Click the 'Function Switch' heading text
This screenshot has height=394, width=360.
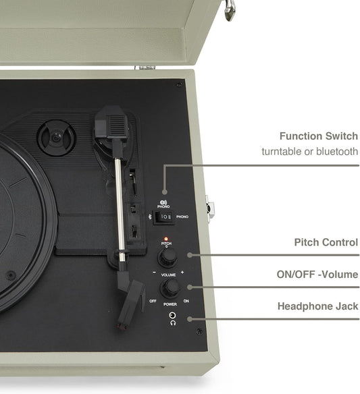pyautogui.click(x=318, y=136)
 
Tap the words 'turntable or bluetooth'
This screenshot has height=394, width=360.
pyautogui.click(x=309, y=152)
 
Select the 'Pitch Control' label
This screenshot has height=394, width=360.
pyautogui.click(x=326, y=242)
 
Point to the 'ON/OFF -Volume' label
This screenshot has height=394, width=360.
pyautogui.click(x=316, y=275)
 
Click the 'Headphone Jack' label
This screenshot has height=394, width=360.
pyautogui.click(x=317, y=306)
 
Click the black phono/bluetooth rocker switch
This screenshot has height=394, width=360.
pyautogui.click(x=163, y=217)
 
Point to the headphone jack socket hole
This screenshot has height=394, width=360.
pyautogui.click(x=173, y=315)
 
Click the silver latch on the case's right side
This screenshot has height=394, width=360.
pyautogui.click(x=210, y=209)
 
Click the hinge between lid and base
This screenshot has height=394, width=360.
pyautogui.click(x=145, y=67)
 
